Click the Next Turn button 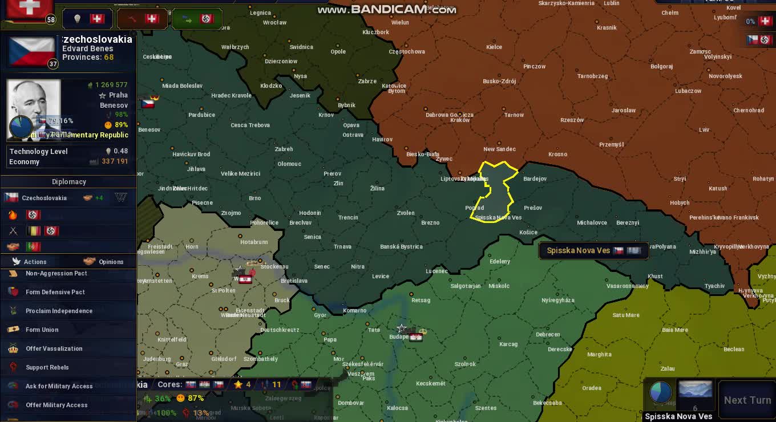(747, 400)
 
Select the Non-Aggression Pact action (56, 273)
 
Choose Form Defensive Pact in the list (55, 292)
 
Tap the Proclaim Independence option (59, 311)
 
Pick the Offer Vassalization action (54, 348)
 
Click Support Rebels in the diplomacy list (47, 367)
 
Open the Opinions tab (110, 262)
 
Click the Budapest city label (399, 336)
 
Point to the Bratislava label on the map (294, 281)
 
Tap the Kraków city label (460, 120)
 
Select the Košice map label (528, 232)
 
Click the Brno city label (254, 198)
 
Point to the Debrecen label (548, 334)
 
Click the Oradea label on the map (592, 388)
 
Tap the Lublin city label (611, 3)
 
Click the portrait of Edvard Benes (34, 108)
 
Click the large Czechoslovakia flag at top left (32, 51)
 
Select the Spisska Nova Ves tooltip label (579, 250)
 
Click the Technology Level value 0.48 (120, 151)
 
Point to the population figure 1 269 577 (111, 85)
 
